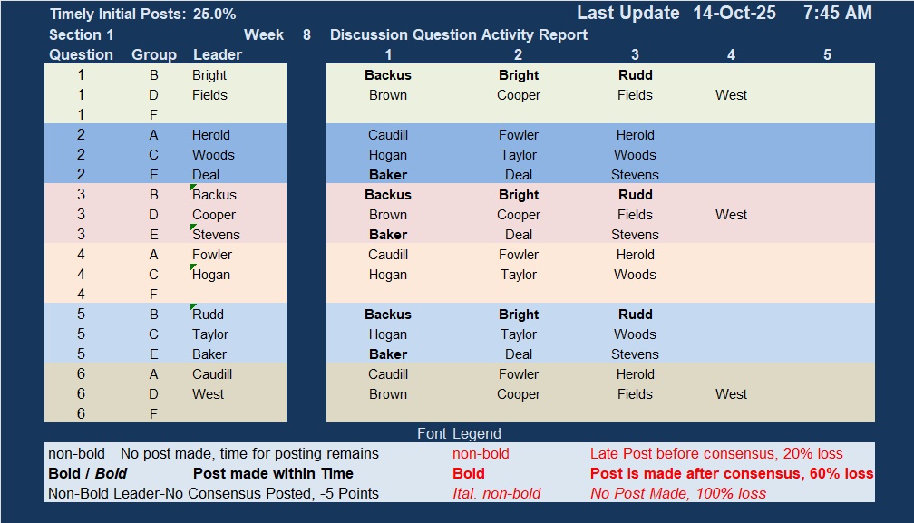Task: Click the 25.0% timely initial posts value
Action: point(215,14)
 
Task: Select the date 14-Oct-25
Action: point(734,13)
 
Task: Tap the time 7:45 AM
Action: point(838,13)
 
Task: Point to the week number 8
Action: point(306,35)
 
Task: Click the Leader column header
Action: point(218,54)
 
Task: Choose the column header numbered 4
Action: point(731,54)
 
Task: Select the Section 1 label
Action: point(81,35)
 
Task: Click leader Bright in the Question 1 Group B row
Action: point(209,75)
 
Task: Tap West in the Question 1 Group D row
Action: point(731,95)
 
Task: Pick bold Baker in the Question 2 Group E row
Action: point(388,175)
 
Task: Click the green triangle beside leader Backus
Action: point(193,187)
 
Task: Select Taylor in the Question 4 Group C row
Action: point(519,275)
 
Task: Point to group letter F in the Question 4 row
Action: point(153,294)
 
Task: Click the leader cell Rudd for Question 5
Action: point(209,315)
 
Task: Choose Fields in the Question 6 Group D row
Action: point(635,394)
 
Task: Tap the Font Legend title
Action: point(459,433)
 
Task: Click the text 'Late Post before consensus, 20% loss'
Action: point(716,454)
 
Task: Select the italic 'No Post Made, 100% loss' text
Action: point(678,493)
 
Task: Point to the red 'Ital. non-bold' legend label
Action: point(497,493)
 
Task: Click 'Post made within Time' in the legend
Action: point(273,473)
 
